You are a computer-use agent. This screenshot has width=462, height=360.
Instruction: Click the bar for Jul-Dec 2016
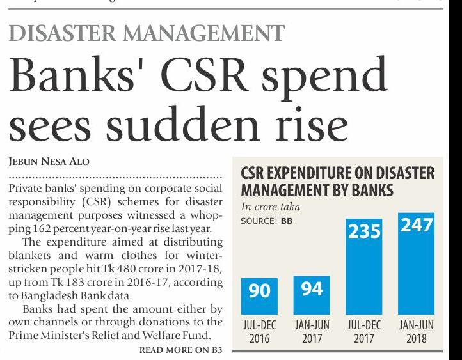coord(259,297)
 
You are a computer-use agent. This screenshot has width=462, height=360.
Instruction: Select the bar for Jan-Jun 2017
coord(312,295)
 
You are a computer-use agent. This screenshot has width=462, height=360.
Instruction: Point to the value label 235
coord(364,231)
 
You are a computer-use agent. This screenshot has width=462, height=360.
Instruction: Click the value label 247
coord(416,225)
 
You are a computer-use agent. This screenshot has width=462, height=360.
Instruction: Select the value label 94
coord(312,288)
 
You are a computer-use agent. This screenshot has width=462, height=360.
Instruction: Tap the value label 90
coord(259,291)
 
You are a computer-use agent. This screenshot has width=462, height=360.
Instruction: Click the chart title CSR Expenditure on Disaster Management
coord(337,182)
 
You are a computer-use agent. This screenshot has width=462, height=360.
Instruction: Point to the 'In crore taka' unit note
coord(270,207)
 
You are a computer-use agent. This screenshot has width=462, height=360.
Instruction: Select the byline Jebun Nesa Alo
coord(49,162)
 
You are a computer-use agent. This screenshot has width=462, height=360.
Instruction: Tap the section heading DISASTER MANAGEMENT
coord(147,33)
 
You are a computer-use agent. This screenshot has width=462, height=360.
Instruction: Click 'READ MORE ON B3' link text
coord(180,350)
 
